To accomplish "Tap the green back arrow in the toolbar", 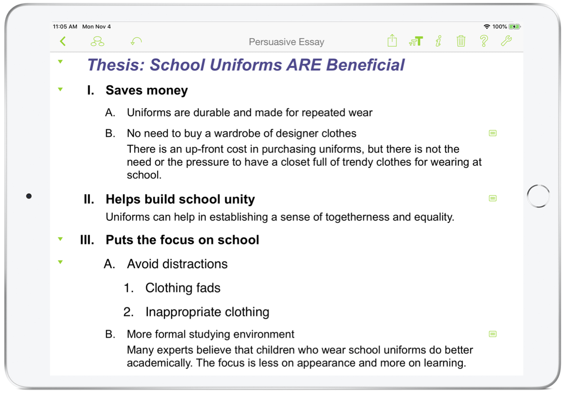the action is pyautogui.click(x=63, y=41).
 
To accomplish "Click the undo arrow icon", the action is pyautogui.click(x=136, y=41).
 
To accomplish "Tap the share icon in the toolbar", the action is pyautogui.click(x=392, y=41).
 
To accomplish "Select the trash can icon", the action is pyautogui.click(x=461, y=41).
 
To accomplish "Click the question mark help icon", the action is pyautogui.click(x=484, y=41).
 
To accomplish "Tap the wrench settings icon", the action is pyautogui.click(x=506, y=41).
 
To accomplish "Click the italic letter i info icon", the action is pyautogui.click(x=439, y=41).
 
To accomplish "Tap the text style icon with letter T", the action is pyautogui.click(x=416, y=41).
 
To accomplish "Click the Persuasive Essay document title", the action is pyautogui.click(x=287, y=42).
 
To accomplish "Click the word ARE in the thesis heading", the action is pyautogui.click(x=304, y=65).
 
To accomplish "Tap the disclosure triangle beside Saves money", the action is pyautogui.click(x=60, y=89).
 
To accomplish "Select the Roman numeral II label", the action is pyautogui.click(x=89, y=199).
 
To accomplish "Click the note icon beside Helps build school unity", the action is pyautogui.click(x=493, y=198).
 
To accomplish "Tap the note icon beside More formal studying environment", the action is pyautogui.click(x=493, y=334).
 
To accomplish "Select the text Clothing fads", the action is pyautogui.click(x=183, y=288).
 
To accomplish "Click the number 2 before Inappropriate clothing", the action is pyautogui.click(x=129, y=312).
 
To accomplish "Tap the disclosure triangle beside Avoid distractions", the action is pyautogui.click(x=60, y=262).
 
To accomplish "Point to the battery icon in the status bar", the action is pyautogui.click(x=515, y=26).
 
